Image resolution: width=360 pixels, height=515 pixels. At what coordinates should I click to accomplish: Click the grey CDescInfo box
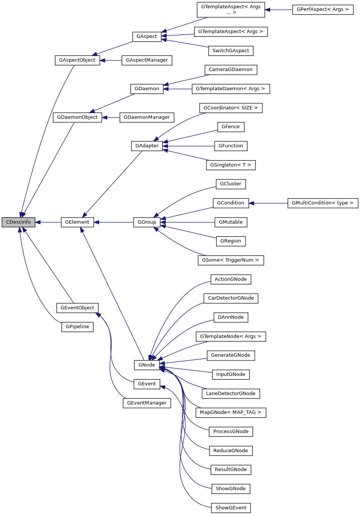[18, 222]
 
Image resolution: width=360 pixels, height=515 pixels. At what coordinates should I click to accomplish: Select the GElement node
[77, 222]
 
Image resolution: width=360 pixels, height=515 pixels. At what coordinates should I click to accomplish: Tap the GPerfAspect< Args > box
[322, 9]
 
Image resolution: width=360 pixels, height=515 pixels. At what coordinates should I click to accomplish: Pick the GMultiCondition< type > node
[322, 203]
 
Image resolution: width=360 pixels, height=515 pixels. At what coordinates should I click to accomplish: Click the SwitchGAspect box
[231, 51]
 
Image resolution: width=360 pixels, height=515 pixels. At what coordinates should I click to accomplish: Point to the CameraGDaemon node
[231, 70]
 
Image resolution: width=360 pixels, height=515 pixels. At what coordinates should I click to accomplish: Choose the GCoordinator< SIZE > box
[231, 108]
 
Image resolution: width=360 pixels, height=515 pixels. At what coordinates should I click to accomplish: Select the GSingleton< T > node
[231, 165]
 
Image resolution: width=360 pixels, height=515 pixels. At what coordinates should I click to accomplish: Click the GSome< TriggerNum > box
[231, 260]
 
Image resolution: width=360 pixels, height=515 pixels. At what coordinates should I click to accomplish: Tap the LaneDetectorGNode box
[231, 394]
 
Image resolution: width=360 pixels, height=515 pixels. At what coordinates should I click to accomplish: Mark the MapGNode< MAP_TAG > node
[231, 412]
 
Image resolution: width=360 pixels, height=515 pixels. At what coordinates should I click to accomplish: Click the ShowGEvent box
[231, 508]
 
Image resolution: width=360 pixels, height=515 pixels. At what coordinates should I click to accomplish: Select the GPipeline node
[77, 327]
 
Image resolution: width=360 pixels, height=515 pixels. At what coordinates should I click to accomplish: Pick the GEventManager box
[147, 403]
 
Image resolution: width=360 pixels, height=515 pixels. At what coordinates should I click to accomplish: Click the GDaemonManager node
[147, 117]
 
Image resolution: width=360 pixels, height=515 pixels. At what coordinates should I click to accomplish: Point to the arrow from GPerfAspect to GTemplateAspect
[278, 10]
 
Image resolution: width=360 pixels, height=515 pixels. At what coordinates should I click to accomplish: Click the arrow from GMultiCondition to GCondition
[268, 203]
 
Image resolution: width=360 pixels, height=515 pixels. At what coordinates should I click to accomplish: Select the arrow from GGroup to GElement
[113, 222]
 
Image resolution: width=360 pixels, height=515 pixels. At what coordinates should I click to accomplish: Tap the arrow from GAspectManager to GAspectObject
[111, 60]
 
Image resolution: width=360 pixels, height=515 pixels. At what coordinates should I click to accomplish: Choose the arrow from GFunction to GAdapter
[188, 146]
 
